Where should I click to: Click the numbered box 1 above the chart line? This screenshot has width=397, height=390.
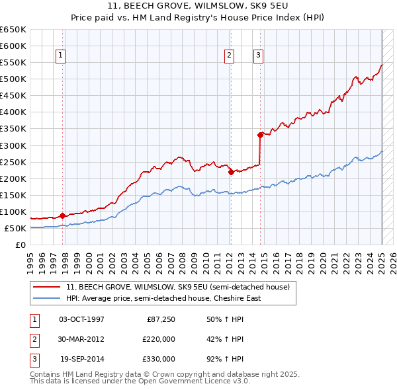(x=60, y=56)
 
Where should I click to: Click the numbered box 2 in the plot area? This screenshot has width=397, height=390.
(x=229, y=56)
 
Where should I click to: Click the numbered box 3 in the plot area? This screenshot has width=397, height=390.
(x=257, y=56)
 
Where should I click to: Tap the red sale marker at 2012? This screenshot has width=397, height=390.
(x=231, y=172)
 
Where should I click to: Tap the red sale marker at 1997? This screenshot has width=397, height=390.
(x=62, y=215)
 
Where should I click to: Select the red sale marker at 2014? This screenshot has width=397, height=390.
(x=260, y=135)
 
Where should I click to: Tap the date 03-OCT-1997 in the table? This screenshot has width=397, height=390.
(x=81, y=319)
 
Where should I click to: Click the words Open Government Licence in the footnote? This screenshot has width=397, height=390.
(x=192, y=381)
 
